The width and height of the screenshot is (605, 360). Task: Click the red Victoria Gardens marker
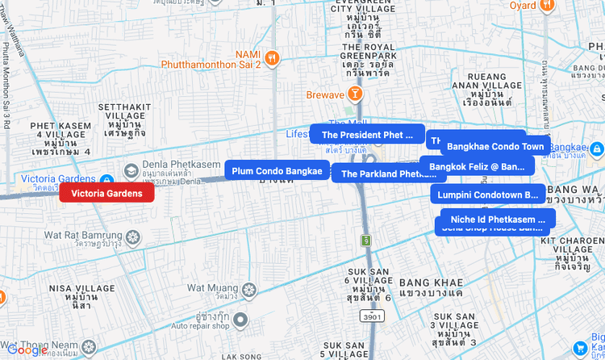click(x=106, y=193)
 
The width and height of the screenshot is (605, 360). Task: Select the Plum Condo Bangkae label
click(x=277, y=171)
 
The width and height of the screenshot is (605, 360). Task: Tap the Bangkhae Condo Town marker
click(x=495, y=147)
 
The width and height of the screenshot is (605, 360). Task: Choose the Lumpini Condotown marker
click(x=487, y=195)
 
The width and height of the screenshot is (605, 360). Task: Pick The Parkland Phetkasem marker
click(x=388, y=174)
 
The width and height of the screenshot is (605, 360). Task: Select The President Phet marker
click(x=367, y=135)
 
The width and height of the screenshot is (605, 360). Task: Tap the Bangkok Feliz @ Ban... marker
click(x=477, y=166)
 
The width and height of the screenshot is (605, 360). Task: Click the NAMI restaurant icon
click(x=273, y=57)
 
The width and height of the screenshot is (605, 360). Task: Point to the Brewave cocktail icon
click(x=355, y=94)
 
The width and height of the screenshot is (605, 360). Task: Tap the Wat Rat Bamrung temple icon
click(x=134, y=237)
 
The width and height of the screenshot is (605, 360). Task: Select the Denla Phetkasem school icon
click(x=131, y=171)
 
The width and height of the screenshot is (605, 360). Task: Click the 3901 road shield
click(x=372, y=317)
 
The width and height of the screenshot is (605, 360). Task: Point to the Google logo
click(x=28, y=350)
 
